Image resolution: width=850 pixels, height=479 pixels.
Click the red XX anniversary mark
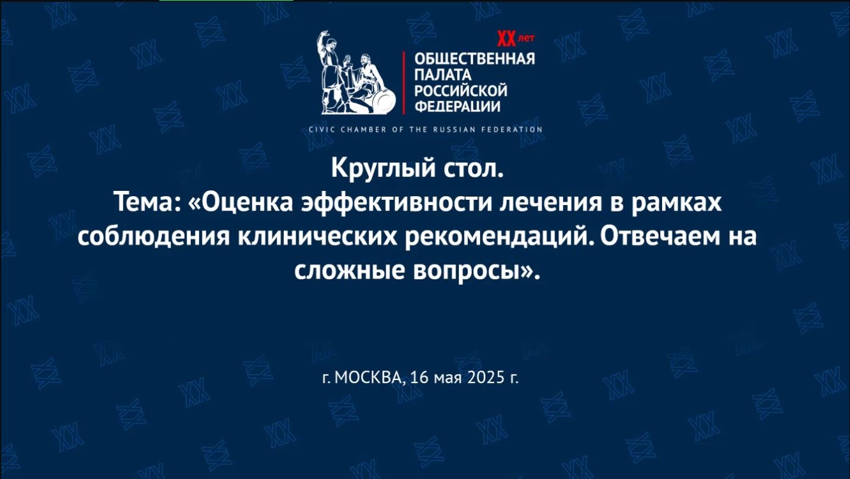pos(507,39)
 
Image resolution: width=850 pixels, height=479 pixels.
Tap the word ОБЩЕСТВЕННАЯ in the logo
pos(474,59)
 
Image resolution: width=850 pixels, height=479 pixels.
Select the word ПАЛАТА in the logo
pos(442,75)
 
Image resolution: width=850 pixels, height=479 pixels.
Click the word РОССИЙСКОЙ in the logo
pos(461,91)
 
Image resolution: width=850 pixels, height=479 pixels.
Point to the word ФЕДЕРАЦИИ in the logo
pos(457,107)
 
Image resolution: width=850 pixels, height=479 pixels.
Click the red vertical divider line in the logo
pos(404,83)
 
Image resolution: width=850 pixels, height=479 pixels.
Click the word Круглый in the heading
pos(384,169)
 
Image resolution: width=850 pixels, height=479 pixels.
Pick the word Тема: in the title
pos(147,202)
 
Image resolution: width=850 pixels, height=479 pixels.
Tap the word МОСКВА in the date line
pos(368,377)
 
